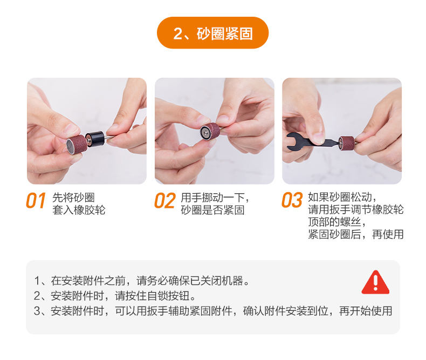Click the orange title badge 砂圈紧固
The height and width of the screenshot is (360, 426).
click(212, 33)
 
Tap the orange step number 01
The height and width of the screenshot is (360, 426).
click(36, 201)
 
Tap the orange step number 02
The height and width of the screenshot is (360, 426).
click(164, 201)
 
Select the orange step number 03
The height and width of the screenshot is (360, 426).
click(292, 200)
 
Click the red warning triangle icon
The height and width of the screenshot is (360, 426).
click(375, 282)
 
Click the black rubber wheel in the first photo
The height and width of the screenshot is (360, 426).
click(95, 138)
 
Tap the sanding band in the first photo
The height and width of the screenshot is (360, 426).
click(77, 144)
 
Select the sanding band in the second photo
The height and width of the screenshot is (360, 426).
click(210, 131)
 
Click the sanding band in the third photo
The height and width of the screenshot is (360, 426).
click(347, 143)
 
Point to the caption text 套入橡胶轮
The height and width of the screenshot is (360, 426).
click(79, 210)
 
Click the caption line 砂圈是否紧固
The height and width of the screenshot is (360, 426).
click(212, 210)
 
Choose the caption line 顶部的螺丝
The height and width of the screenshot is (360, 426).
click(337, 222)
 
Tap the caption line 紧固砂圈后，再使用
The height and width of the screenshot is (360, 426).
click(356, 234)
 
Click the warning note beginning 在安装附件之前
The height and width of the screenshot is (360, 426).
click(141, 281)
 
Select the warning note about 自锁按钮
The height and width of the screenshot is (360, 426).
click(115, 296)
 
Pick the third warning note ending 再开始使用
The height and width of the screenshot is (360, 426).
click(213, 311)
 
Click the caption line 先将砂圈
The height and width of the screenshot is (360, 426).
click(73, 198)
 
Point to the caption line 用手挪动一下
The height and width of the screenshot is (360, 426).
click(215, 198)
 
